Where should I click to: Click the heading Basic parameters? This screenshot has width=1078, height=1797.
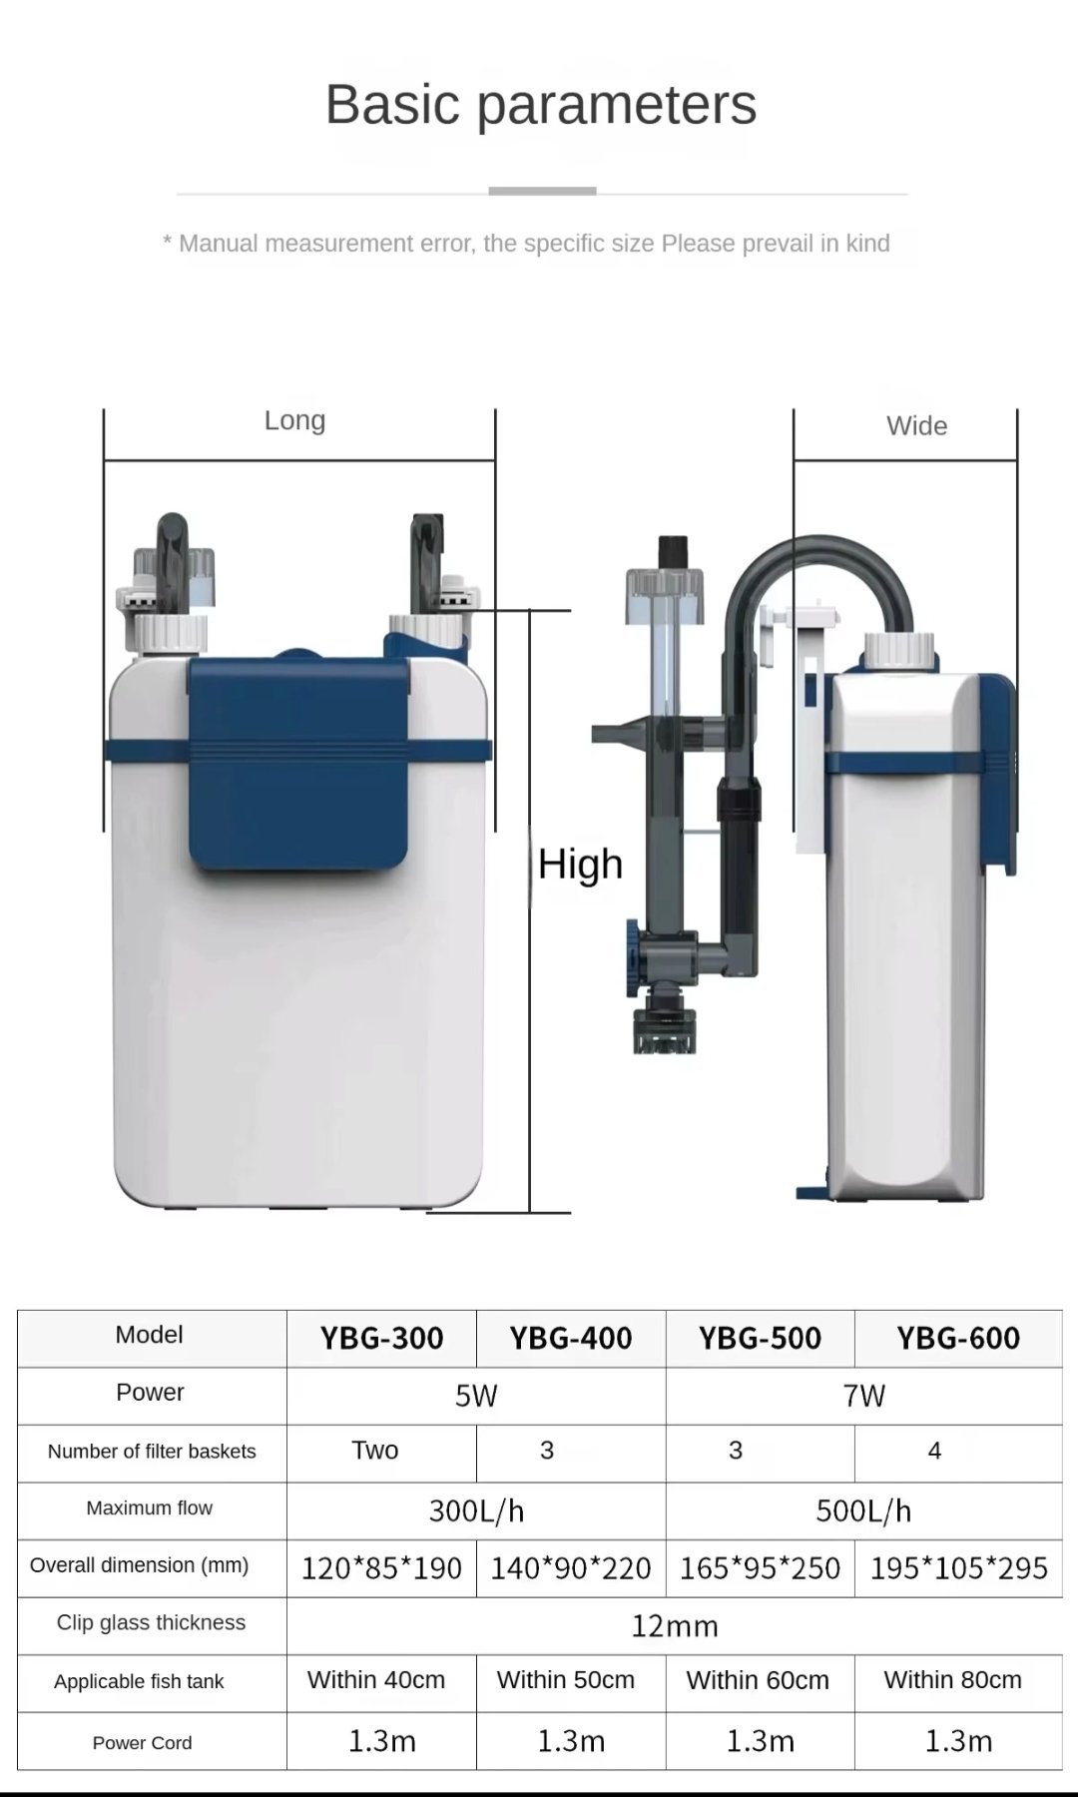pos(541,105)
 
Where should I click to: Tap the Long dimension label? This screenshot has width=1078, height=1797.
pos(294,420)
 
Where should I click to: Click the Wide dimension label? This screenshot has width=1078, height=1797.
pos(916,426)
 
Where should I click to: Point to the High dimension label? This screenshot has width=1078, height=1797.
pos(580,865)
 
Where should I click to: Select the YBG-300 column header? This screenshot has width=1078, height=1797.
pos(381,1339)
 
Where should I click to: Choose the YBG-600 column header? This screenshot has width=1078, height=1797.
pos(958,1339)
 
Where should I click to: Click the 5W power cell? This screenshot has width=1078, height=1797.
pos(476,1396)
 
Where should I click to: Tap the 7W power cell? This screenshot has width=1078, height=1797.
pos(864,1396)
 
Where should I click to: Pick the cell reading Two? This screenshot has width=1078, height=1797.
pos(375,1451)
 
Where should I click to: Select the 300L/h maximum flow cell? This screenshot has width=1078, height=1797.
pos(476,1511)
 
